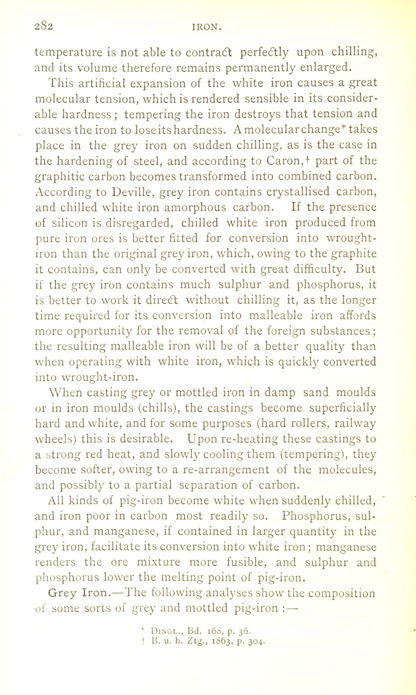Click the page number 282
coord(44,27)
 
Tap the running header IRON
coord(207,28)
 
